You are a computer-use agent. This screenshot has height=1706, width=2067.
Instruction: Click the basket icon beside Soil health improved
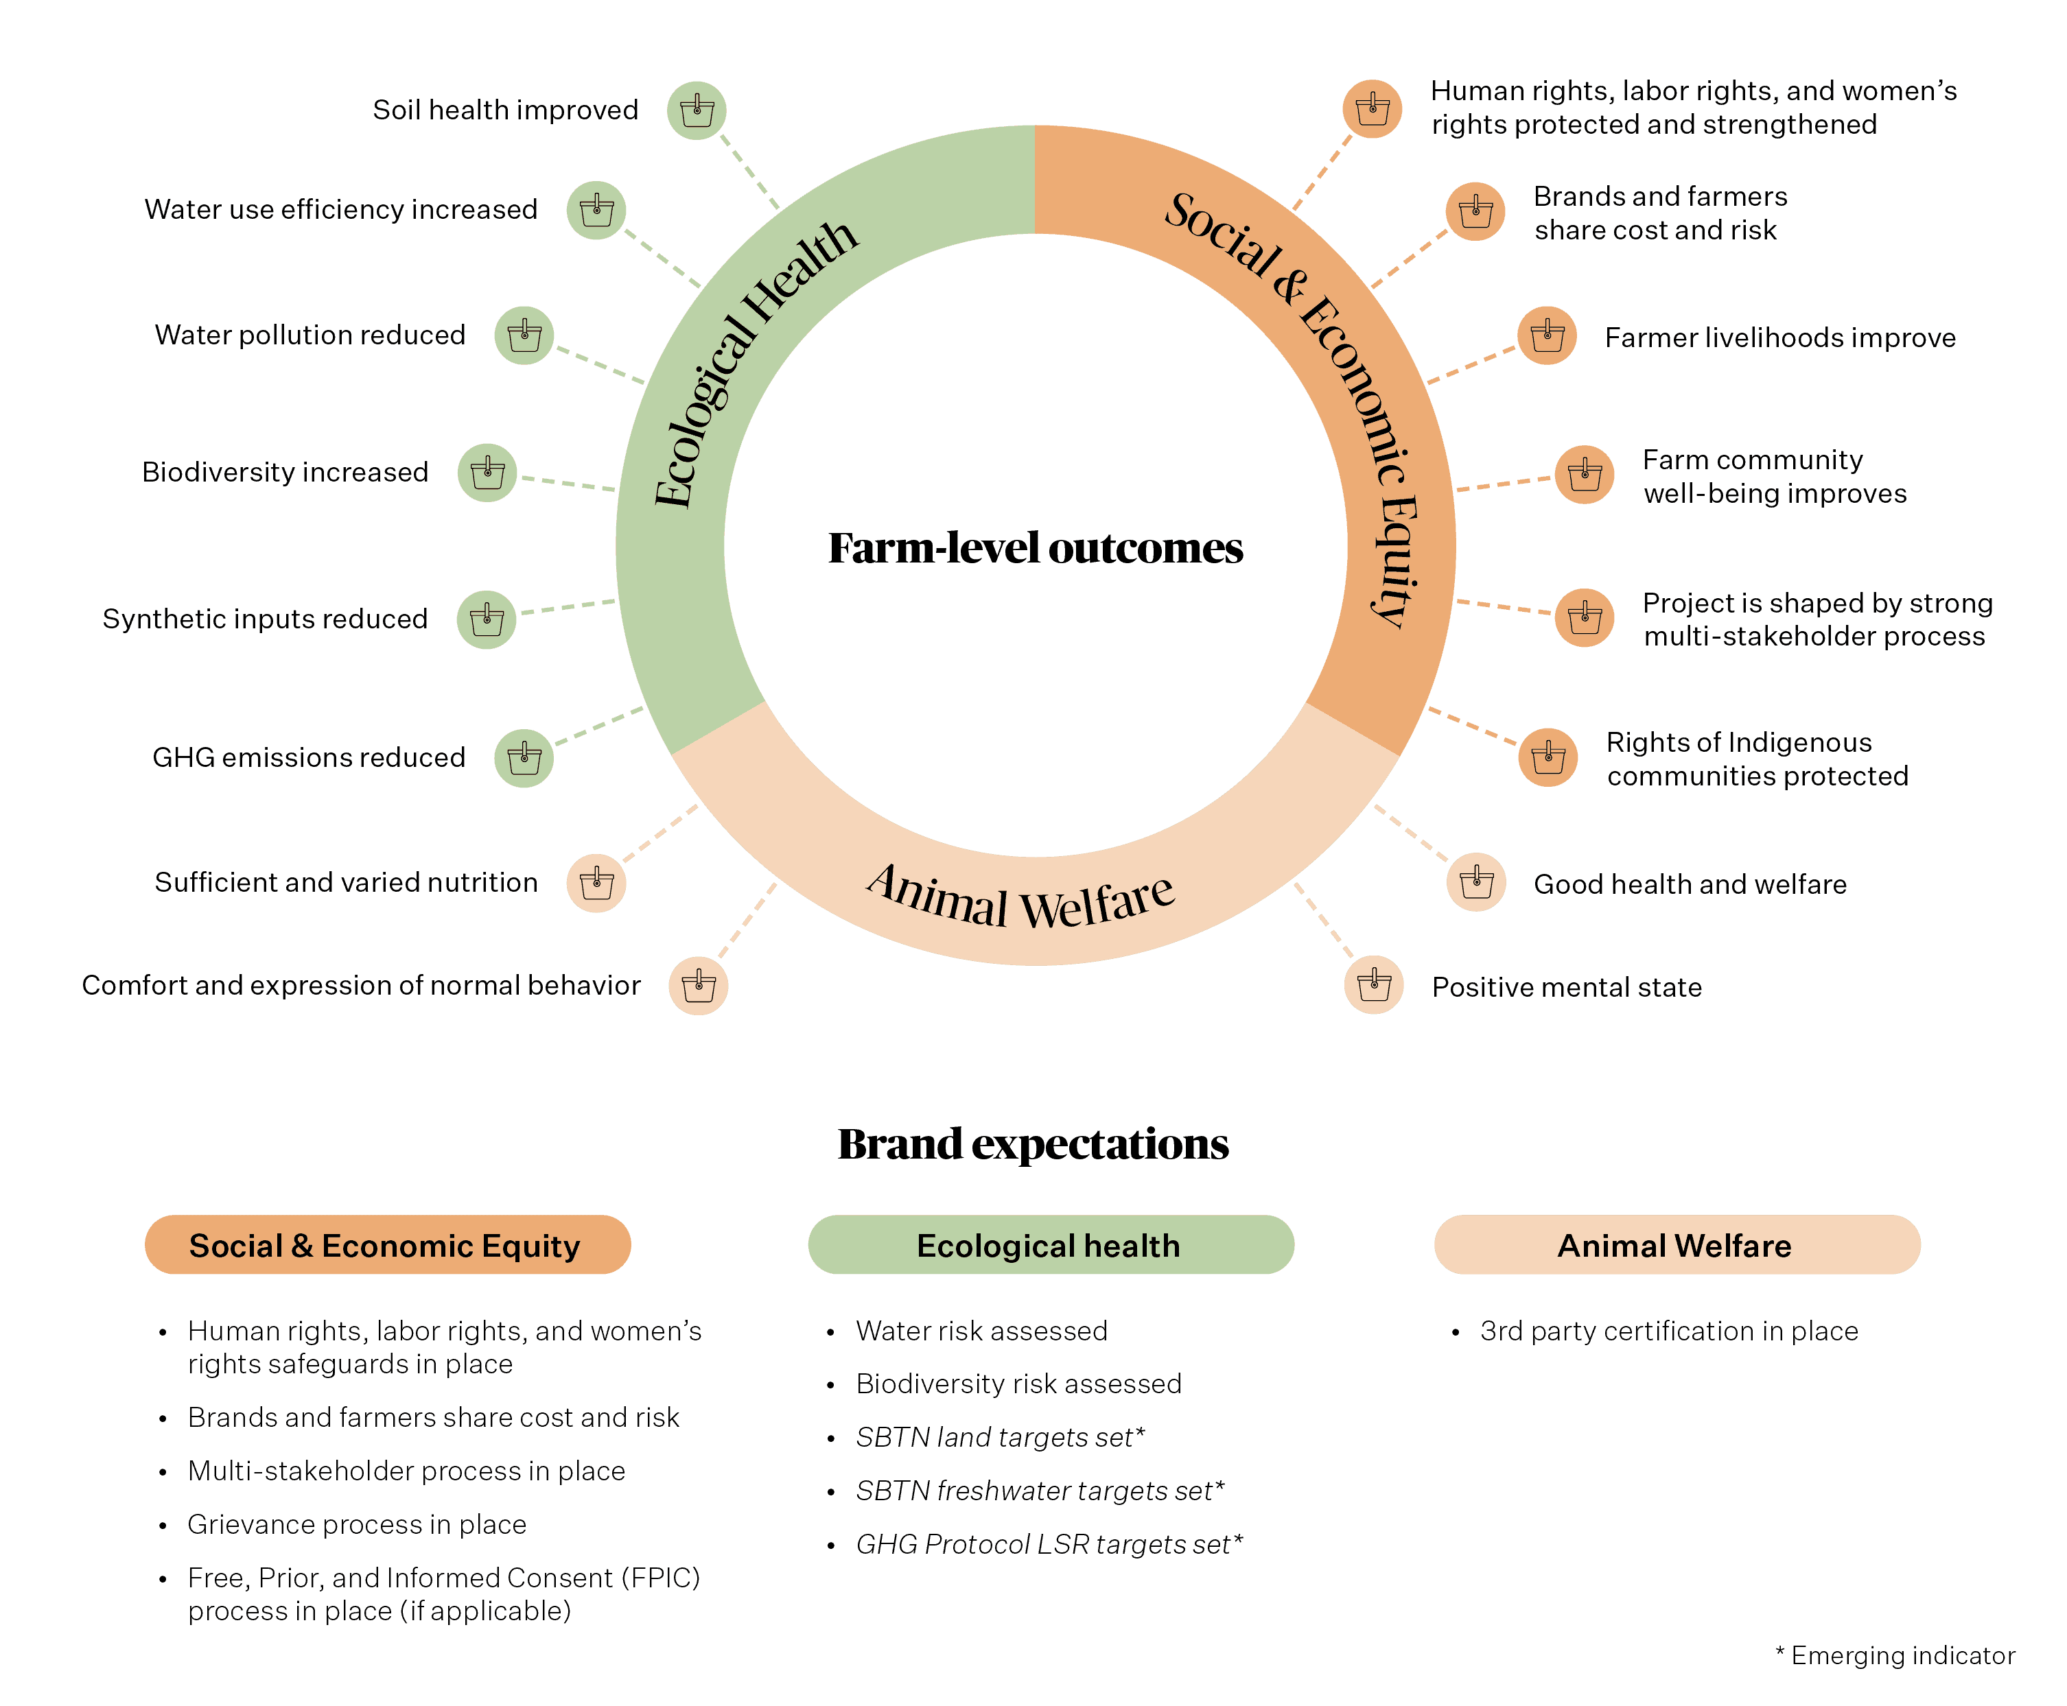click(697, 110)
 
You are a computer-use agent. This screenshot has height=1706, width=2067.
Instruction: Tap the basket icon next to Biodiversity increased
click(487, 473)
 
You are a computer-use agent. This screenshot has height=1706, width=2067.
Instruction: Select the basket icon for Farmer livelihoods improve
click(1547, 335)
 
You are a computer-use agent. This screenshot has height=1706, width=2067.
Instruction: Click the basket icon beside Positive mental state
click(1374, 984)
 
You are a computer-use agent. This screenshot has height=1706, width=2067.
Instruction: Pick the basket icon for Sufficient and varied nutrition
click(596, 882)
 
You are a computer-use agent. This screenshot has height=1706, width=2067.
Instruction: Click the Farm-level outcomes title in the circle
click(1035, 548)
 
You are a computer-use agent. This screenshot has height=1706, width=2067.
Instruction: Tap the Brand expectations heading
click(1033, 1144)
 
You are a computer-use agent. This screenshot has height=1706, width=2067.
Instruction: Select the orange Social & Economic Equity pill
click(387, 1245)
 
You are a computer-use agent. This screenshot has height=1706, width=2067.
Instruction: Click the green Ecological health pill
click(1051, 1245)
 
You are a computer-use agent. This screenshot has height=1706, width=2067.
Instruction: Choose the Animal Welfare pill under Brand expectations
click(1677, 1245)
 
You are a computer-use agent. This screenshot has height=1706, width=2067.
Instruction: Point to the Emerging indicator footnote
click(1895, 1656)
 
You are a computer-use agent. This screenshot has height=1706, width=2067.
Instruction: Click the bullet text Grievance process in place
click(357, 1524)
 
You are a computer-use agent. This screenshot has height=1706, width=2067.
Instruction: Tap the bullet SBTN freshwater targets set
click(1040, 1491)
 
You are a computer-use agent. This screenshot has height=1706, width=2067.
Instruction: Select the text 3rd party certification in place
click(1669, 1331)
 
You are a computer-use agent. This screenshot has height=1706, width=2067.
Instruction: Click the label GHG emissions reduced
click(309, 758)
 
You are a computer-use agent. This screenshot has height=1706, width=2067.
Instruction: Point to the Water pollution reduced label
click(310, 335)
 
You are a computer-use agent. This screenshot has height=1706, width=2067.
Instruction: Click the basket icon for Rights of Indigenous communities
click(1548, 758)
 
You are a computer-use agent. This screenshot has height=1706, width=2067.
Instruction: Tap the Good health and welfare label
click(1690, 884)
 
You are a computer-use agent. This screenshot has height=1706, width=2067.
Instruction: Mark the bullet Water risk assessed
click(981, 1331)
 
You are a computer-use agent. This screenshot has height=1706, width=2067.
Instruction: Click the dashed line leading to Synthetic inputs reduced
click(568, 607)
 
